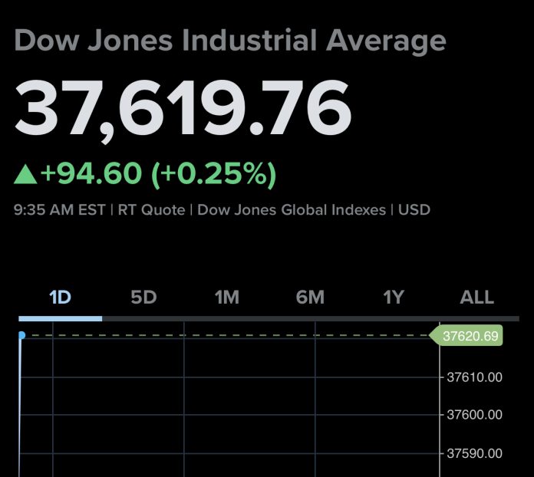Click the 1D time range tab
pos(60,298)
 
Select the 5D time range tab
pos(143,298)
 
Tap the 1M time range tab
pos(226,298)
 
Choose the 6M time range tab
pos(310,298)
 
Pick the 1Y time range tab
pos(394,298)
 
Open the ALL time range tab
pos(476,298)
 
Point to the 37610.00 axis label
pos(474,377)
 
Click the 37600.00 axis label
pos(474,415)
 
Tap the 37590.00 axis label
pos(474,453)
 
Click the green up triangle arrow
pos(25,175)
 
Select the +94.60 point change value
pos(91,174)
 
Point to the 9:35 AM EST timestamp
pos(59,209)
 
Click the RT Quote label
pos(151,209)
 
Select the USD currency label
pos(414,209)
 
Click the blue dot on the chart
pos(21,335)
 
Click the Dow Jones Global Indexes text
pos(292,209)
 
